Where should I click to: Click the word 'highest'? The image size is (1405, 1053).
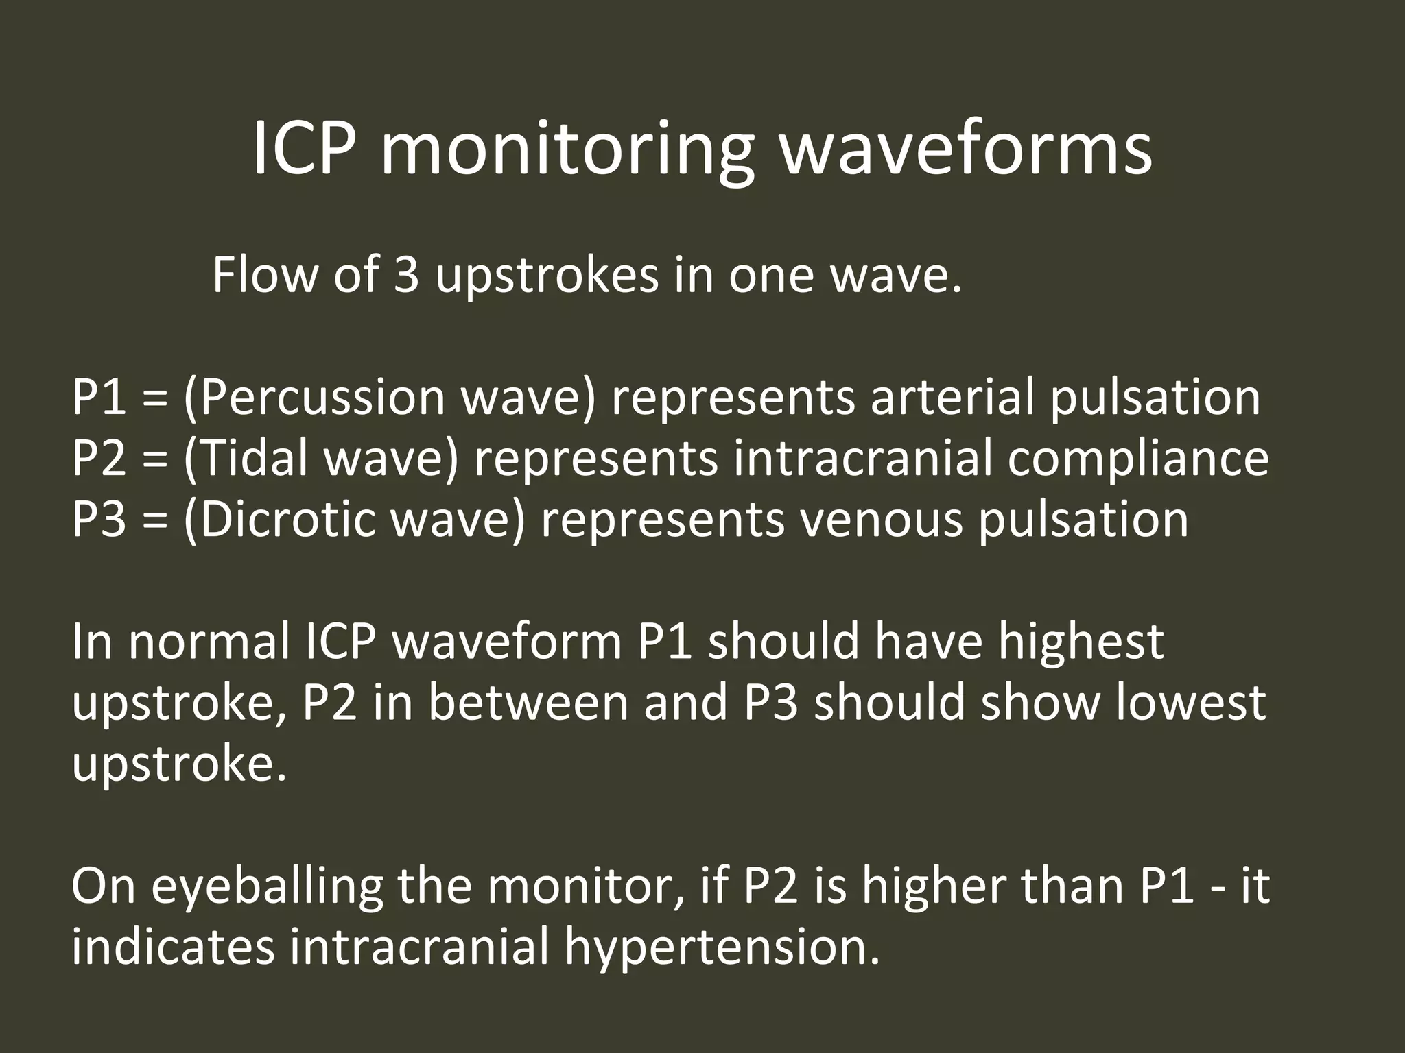click(1081, 642)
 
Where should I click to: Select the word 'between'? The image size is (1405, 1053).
click(529, 703)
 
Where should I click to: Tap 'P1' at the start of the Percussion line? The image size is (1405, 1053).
click(99, 398)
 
